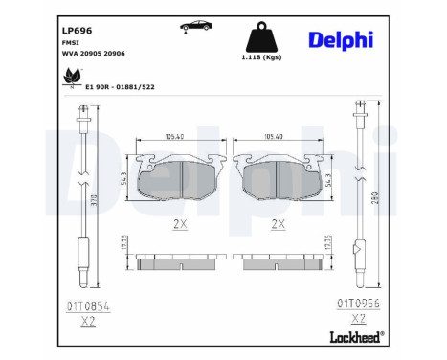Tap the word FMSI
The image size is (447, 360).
pyautogui.click(x=69, y=44)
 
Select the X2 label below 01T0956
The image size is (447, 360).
pyautogui.click(x=357, y=318)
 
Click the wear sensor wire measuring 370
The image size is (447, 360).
pyautogui.click(x=80, y=201)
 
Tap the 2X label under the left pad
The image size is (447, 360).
pyautogui.click(x=178, y=225)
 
